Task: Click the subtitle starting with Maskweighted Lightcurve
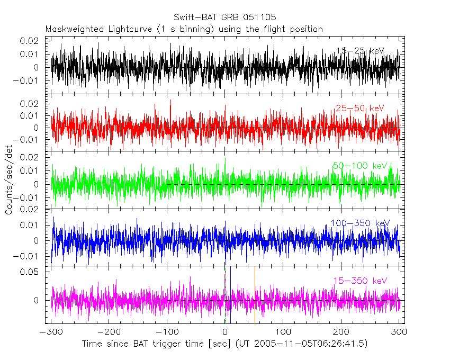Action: [184, 29]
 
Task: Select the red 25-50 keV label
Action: [359, 109]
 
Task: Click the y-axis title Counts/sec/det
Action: [10, 185]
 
